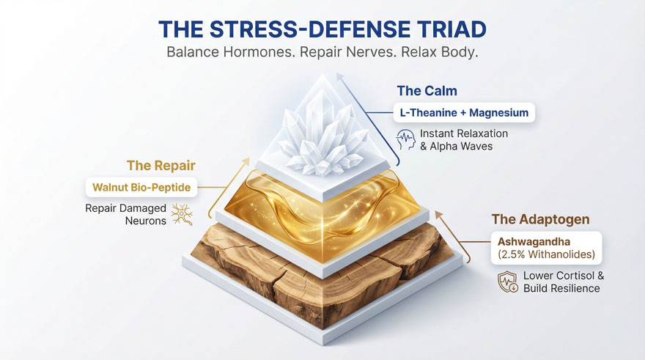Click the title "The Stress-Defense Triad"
322,29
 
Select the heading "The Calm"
427,91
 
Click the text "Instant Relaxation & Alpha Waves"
463,139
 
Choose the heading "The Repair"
161,166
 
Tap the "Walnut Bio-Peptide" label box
141,187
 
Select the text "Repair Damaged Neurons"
125,213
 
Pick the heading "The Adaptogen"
530,219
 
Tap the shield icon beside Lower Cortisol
507,282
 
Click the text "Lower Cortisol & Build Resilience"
563,282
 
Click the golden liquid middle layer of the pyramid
322,202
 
